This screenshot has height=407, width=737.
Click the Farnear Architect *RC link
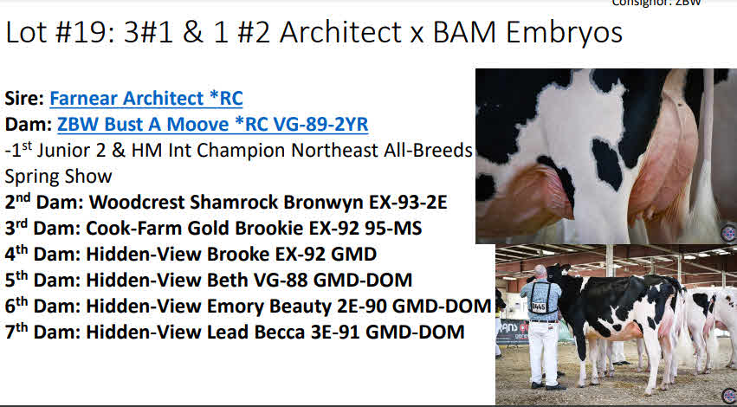click(x=146, y=98)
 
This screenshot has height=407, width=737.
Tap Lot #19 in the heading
click(x=59, y=33)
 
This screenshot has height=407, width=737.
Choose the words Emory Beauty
click(x=269, y=307)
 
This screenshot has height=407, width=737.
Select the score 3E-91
click(x=336, y=332)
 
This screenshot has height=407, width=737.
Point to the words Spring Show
click(x=58, y=177)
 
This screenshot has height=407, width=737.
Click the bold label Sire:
click(x=24, y=98)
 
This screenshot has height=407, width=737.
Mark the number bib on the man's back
click(x=538, y=307)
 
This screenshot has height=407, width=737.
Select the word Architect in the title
click(x=340, y=33)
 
